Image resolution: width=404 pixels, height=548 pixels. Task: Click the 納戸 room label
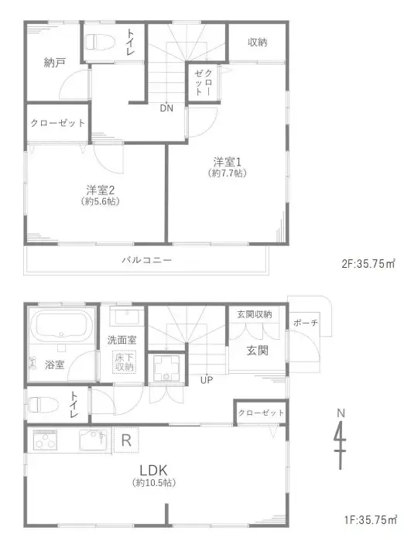(54, 63)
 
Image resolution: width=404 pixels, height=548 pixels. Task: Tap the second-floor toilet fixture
(100, 43)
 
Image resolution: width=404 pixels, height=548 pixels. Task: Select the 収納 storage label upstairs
(258, 43)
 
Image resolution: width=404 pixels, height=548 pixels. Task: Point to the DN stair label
(166, 108)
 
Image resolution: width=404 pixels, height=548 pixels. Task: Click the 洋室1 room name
(228, 163)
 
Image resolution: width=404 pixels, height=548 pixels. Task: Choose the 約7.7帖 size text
(228, 173)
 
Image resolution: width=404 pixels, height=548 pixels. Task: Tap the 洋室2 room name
(101, 190)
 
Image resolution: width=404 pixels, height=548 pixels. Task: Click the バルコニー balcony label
(147, 260)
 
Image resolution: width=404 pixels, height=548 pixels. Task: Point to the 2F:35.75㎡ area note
(368, 263)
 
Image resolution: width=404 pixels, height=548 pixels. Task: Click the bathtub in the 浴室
(61, 326)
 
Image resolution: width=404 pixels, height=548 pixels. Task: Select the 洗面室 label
(122, 340)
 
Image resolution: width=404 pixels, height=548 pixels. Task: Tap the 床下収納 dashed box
(124, 362)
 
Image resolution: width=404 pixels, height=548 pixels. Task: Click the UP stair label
(207, 379)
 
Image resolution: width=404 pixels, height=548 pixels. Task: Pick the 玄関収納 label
(255, 314)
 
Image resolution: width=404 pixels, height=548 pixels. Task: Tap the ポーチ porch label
(306, 323)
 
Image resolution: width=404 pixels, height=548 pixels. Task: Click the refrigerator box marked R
(126, 440)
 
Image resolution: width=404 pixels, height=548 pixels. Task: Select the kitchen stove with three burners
(45, 440)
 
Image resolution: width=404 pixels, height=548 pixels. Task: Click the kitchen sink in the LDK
(93, 440)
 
